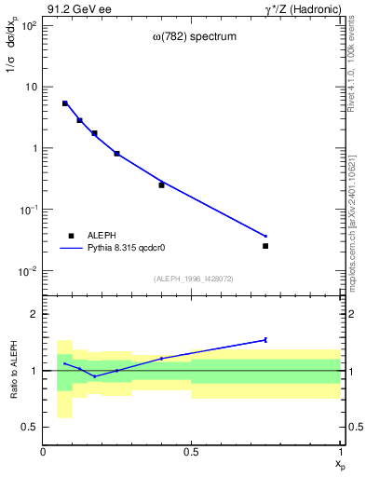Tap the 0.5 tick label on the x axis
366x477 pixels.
[x=192, y=452]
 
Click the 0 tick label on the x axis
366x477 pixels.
[x=44, y=452]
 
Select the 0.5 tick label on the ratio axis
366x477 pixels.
[x=30, y=427]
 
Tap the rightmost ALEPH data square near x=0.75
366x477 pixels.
[x=265, y=246]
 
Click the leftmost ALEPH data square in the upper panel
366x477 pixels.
[x=65, y=103]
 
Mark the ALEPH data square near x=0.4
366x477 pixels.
[x=161, y=184]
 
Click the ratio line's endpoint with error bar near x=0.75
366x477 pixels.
[x=265, y=340]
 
